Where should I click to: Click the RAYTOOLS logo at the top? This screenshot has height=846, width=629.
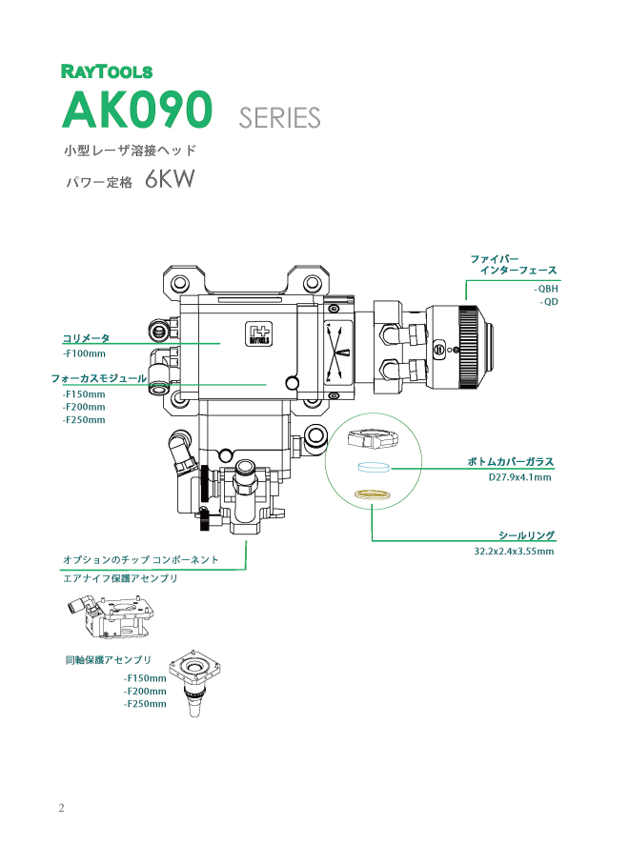[106, 70]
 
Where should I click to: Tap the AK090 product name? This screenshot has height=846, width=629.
[135, 111]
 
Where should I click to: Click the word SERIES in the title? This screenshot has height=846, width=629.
[279, 118]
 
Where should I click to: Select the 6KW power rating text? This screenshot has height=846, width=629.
[171, 181]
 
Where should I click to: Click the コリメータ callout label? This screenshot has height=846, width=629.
[86, 338]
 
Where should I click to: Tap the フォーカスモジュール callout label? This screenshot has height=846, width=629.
[98, 378]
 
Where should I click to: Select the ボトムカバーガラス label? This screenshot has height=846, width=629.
[510, 462]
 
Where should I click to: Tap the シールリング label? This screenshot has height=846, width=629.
[526, 535]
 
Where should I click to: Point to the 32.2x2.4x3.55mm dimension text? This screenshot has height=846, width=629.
[514, 551]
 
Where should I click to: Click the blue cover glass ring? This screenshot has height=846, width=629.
[373, 467]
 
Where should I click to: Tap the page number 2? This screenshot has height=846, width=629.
[62, 809]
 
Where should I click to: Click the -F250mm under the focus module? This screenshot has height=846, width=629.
[84, 419]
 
